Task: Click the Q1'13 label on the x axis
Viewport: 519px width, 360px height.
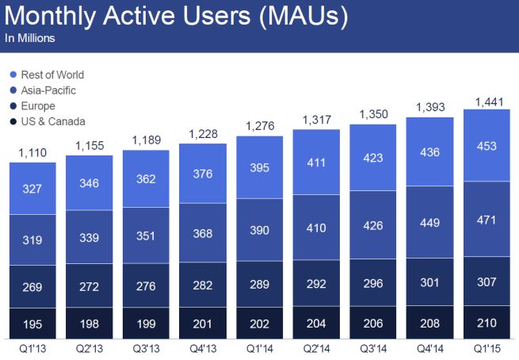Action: click(x=32, y=348)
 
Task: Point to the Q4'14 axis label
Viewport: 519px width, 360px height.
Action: click(x=430, y=348)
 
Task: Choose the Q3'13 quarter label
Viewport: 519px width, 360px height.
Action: click(x=146, y=348)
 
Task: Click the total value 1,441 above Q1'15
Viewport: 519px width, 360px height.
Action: click(x=487, y=101)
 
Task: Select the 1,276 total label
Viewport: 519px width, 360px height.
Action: click(x=259, y=126)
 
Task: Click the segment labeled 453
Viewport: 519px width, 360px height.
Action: click(x=487, y=144)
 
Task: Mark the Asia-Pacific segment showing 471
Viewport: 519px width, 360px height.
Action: click(x=487, y=218)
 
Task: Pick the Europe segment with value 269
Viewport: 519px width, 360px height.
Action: click(x=32, y=285)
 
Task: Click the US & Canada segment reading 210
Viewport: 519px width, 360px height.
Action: click(x=487, y=322)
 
